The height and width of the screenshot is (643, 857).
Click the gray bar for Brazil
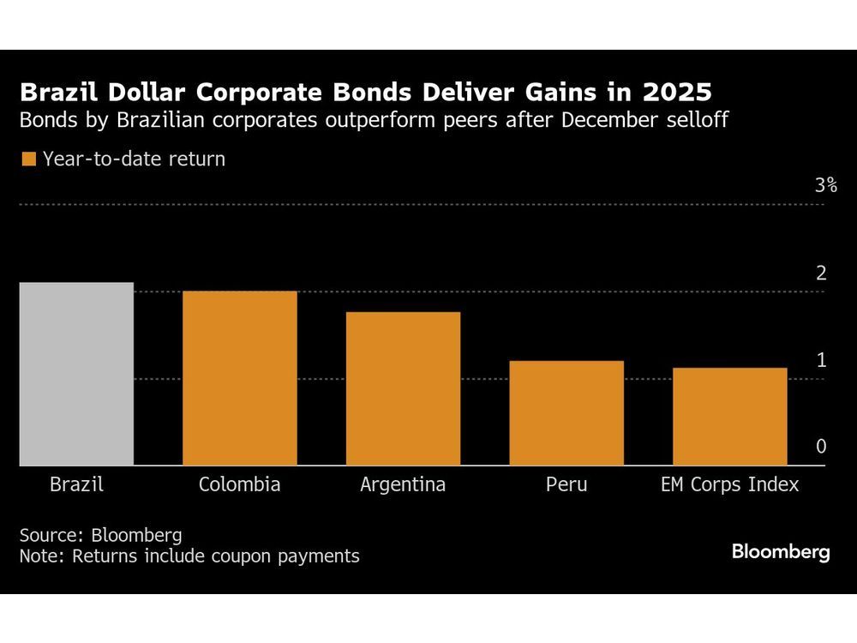click(76, 374)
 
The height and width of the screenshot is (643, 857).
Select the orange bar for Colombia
click(240, 378)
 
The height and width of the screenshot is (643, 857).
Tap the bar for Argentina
click(403, 388)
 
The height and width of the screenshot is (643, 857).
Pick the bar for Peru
click(566, 412)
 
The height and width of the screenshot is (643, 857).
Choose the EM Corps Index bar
click(729, 416)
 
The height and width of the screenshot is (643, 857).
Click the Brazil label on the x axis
click(76, 484)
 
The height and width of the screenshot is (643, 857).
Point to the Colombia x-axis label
click(240, 484)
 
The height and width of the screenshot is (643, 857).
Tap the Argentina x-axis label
click(403, 484)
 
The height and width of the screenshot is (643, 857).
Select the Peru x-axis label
click(566, 484)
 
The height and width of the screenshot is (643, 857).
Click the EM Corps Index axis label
click(729, 484)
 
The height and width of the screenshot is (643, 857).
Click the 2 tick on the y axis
click(821, 273)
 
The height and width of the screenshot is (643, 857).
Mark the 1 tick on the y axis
click(821, 360)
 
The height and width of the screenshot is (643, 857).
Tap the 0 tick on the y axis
click(821, 447)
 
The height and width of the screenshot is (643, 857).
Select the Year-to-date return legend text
click(134, 159)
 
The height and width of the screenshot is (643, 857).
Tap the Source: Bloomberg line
click(100, 535)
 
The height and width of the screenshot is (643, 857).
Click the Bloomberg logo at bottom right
click(781, 552)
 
